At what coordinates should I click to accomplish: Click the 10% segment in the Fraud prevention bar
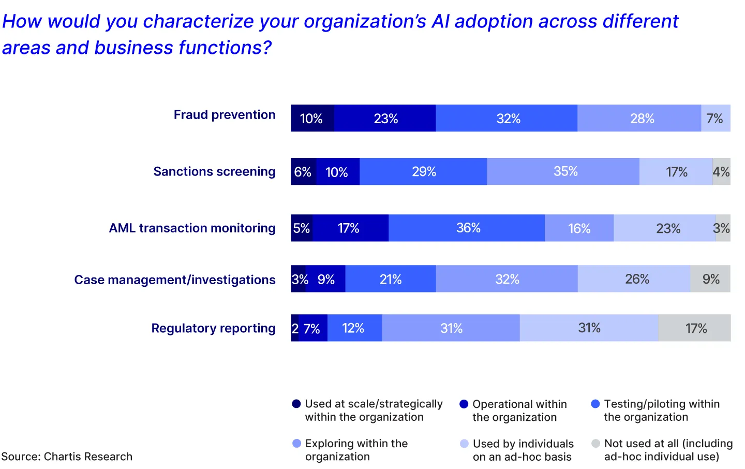pos(312,119)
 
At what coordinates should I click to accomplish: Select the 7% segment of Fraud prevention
pos(716,119)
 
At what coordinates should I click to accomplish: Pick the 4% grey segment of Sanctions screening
pos(721,172)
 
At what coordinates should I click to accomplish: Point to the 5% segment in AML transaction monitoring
pos(302,228)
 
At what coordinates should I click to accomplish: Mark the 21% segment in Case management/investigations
pos(391,280)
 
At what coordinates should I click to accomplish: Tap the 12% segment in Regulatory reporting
pos(354,328)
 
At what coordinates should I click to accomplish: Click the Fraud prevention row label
pos(224,115)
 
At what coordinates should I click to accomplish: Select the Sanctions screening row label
pos(214,171)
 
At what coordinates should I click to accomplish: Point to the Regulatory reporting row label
pos(213,328)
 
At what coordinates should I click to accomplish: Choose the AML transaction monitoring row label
pos(192,228)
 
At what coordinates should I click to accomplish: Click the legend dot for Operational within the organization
pos(464,404)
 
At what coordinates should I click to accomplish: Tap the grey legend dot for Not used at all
pos(595,444)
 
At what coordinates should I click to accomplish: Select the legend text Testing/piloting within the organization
pos(661,411)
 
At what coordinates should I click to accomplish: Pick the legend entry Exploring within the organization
pos(356,450)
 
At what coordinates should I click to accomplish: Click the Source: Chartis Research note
pos(67,457)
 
